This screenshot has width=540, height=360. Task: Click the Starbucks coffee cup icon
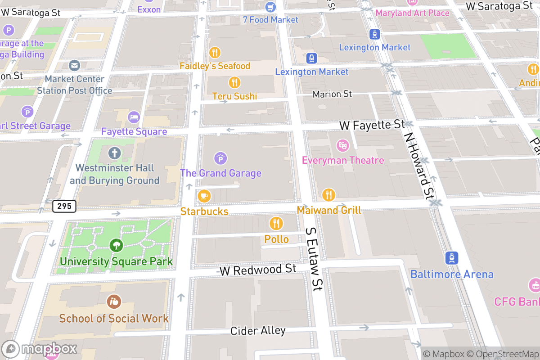[x=204, y=196]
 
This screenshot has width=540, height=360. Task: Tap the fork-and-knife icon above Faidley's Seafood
[x=215, y=53]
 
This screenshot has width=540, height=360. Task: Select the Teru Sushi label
[x=234, y=96]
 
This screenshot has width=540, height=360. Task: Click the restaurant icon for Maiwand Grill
[x=329, y=195]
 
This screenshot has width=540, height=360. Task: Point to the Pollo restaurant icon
[x=276, y=223]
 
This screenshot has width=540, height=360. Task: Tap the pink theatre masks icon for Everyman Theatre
[x=343, y=145]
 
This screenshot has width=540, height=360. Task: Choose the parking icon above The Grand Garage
[x=220, y=158]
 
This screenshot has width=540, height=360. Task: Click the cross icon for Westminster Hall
[x=114, y=153]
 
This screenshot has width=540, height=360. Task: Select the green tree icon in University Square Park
[x=116, y=246]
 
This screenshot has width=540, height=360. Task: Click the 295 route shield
[x=64, y=207]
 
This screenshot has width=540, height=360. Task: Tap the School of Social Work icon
[x=114, y=301]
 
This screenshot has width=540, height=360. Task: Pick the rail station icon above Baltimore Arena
[x=451, y=258]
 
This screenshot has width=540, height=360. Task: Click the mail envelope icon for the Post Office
[x=75, y=66]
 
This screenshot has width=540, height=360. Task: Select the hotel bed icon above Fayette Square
[x=134, y=117]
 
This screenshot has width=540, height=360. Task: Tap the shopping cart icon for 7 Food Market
[x=270, y=7]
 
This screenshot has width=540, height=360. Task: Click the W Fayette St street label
[x=372, y=125]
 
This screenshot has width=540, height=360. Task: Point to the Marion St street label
[x=332, y=94]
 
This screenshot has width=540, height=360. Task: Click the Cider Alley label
[x=258, y=331]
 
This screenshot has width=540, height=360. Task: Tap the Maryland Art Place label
[x=412, y=13]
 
